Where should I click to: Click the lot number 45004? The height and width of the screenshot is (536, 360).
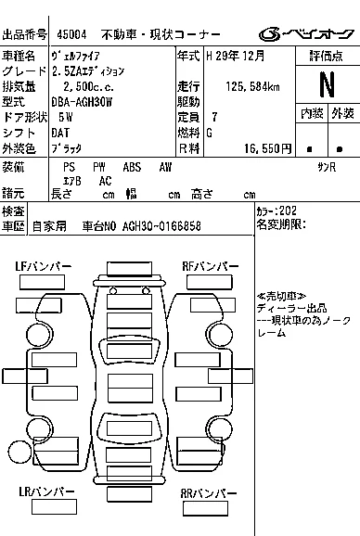click(71, 34)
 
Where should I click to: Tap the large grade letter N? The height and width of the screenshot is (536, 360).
click(327, 84)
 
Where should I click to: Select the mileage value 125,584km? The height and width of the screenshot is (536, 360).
click(252, 86)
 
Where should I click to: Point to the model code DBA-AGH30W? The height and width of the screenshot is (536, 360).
click(82, 102)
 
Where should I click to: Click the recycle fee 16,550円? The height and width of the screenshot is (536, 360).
click(268, 148)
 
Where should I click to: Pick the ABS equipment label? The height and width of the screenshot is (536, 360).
click(132, 167)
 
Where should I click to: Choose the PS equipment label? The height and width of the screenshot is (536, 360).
click(69, 167)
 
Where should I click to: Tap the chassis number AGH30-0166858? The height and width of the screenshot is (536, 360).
click(161, 226)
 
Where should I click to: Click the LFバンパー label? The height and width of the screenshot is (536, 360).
click(44, 266)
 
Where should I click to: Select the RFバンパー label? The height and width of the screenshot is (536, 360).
click(211, 266)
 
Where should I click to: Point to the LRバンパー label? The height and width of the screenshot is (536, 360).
click(46, 491)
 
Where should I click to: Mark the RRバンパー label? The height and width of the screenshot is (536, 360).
click(209, 493)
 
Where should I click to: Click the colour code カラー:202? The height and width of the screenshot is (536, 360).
click(276, 211)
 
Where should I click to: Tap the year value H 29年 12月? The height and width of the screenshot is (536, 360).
click(236, 56)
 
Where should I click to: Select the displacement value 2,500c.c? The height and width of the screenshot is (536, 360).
click(88, 86)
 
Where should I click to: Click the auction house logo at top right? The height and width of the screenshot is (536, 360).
click(306, 34)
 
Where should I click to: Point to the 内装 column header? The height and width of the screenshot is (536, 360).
click(312, 113)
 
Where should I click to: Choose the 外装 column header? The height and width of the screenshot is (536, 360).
click(342, 113)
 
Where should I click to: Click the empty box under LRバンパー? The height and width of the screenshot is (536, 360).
click(54, 507)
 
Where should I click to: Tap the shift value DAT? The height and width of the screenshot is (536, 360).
click(60, 133)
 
